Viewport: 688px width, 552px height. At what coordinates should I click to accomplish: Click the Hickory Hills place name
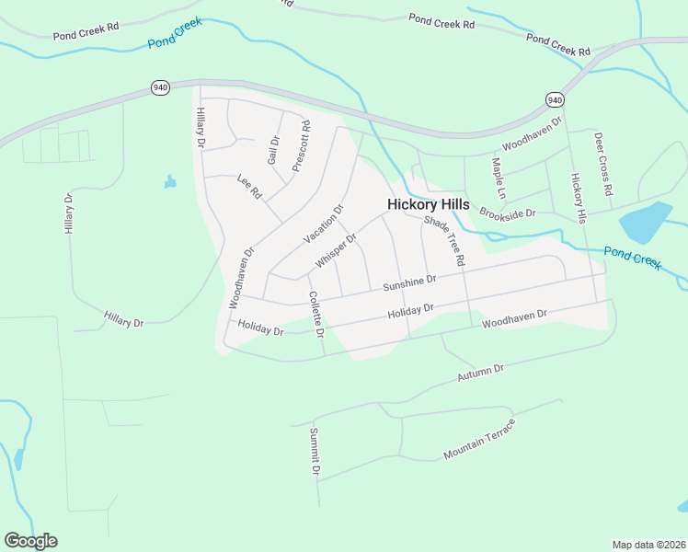point(428,204)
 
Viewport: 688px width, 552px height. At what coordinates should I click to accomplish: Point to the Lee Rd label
point(249,187)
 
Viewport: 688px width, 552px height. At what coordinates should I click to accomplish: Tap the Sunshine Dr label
point(408,283)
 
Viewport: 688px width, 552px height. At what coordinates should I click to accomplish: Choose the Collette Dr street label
point(316,314)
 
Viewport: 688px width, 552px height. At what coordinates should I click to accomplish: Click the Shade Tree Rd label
point(445,242)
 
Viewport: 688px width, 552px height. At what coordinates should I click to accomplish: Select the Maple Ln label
point(499,178)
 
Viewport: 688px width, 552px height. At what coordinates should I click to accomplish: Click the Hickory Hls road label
point(578,197)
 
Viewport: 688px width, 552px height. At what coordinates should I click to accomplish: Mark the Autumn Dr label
point(481,374)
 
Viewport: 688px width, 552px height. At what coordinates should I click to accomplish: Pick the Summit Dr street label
point(315,452)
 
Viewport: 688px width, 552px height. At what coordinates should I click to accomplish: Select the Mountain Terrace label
point(479,440)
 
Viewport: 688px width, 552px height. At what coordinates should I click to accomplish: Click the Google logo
point(30,541)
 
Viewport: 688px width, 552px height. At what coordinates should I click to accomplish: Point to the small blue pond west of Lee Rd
point(170,182)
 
